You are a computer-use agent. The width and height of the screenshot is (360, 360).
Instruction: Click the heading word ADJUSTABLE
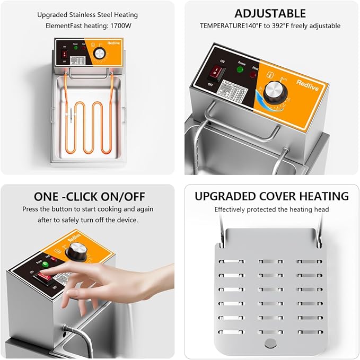point(270,13)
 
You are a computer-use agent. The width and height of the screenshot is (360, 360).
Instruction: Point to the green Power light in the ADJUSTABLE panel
point(240,69)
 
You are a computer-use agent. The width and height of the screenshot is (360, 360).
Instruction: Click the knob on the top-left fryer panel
point(100,55)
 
